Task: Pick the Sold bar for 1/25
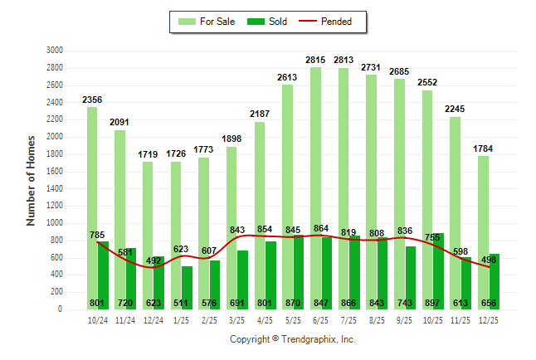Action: pyautogui.click(x=187, y=282)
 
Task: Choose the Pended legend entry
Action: pyautogui.click(x=329, y=22)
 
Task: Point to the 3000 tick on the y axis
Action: pyautogui.click(x=56, y=50)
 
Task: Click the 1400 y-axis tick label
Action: pyautogui.click(x=56, y=188)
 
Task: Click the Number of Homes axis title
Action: pyautogui.click(x=32, y=180)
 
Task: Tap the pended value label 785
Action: pyautogui.click(x=97, y=235)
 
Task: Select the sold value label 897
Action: pyautogui.click(x=456, y=303)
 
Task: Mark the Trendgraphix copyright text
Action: pyautogui.click(x=292, y=339)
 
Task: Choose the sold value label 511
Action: pyautogui.click(x=180, y=303)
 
